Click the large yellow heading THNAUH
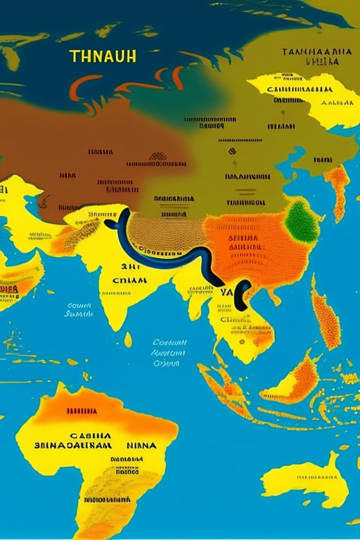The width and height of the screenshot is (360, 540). click(103, 56)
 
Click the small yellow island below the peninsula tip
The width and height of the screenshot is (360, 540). click(128, 340)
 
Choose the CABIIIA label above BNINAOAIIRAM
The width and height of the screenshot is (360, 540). click(77, 433)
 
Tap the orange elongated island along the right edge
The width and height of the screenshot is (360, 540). click(325, 320)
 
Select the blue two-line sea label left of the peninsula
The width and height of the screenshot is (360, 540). click(79, 310)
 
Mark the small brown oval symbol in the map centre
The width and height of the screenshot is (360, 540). click(158, 156)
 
